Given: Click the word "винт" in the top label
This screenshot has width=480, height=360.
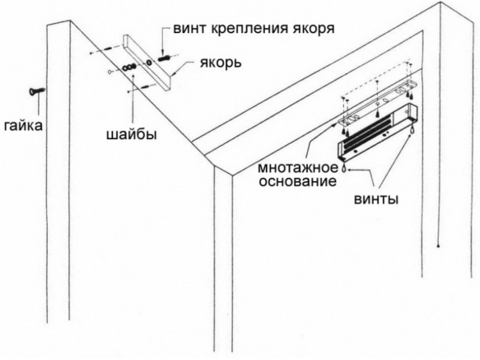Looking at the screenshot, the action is point(189,29).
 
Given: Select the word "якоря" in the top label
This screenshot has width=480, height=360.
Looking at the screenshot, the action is point(314,30).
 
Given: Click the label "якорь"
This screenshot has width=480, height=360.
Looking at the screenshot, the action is point(221,63).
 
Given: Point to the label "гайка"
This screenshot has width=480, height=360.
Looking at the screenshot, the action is point(23,125).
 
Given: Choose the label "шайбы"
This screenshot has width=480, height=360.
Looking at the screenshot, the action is point(132,134).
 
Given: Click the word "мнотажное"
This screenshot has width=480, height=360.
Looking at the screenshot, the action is point(298,168).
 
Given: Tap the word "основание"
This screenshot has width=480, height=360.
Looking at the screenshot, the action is point(298,181).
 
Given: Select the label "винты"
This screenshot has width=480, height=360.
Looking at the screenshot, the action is point(376,199).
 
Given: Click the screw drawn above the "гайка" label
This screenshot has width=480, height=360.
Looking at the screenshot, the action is point(37,91).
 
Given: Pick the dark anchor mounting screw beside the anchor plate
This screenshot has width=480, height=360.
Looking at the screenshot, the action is point(165,58).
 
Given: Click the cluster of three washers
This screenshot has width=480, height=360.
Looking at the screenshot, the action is point(129,67).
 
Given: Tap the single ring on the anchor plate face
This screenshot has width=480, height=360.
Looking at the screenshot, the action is point(149,63).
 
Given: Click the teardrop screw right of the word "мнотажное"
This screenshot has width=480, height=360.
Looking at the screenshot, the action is point(343,167).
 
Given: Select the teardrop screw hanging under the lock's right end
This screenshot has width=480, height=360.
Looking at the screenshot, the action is point(412,129).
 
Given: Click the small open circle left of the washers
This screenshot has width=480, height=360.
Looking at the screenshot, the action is point(110,72).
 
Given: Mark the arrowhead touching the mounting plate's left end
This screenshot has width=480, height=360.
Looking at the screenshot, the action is point(336,124).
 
